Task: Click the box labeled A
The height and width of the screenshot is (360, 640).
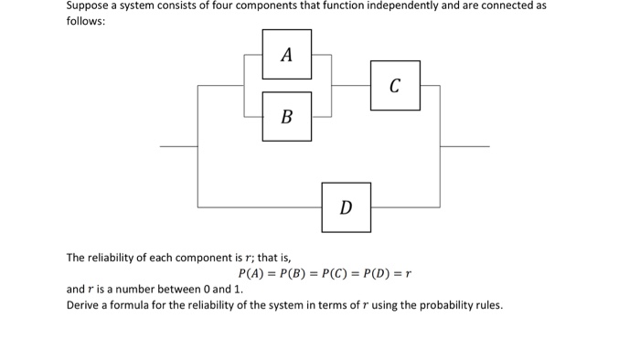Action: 286,54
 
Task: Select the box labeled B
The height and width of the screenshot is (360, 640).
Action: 286,116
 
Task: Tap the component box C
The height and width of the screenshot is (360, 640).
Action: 395,86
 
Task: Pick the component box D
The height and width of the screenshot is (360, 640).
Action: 346,206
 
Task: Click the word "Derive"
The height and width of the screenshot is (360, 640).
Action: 84,305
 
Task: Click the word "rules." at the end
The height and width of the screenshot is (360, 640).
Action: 486,305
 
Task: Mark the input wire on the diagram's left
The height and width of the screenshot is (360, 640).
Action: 178,146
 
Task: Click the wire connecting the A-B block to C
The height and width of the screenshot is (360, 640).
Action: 350,86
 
